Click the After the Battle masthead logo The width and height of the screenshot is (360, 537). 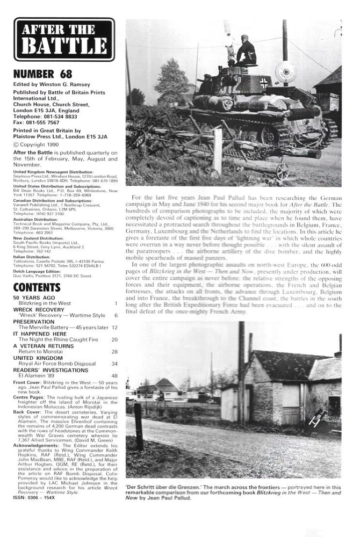(64, 39)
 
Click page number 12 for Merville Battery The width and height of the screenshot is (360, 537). (114, 327)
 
